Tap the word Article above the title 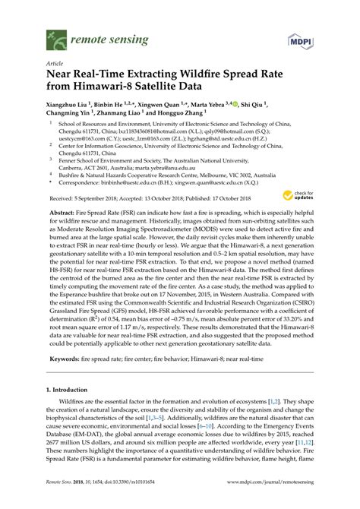click(55, 64)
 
